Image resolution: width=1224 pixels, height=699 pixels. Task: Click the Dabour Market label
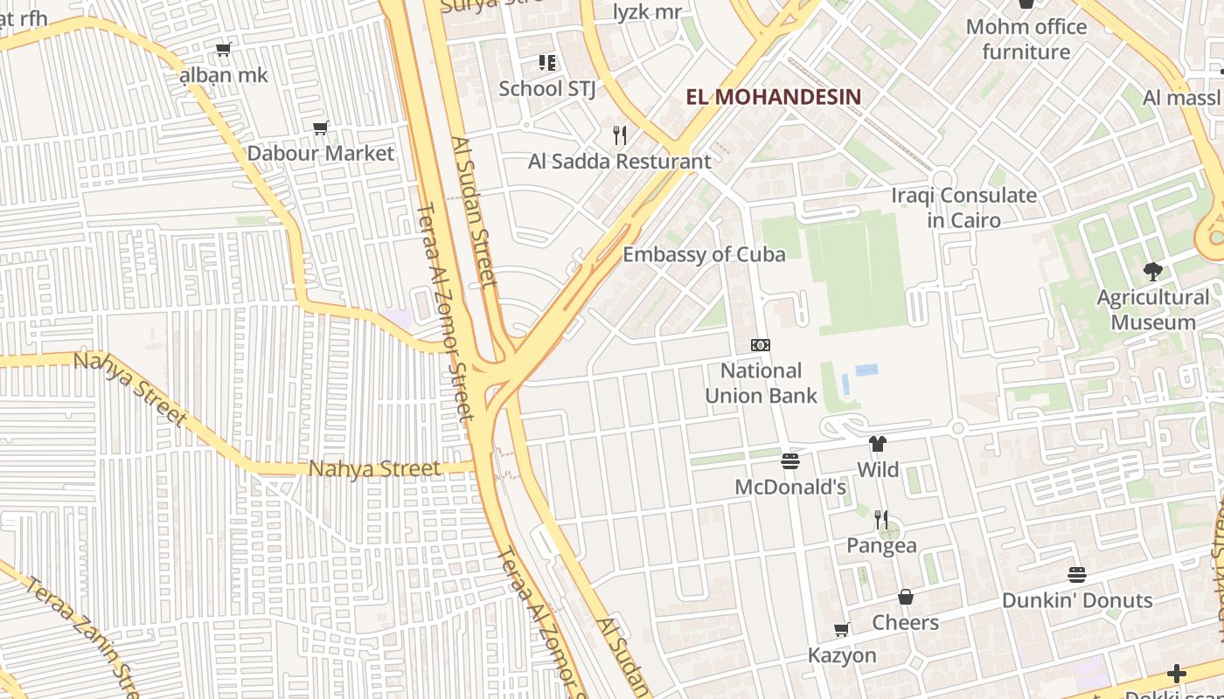click(321, 154)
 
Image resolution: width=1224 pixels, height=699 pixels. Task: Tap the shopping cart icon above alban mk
click(224, 50)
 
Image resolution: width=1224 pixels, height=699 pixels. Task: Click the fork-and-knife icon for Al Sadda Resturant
click(620, 135)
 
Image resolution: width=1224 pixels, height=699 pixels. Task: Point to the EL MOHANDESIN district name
click(773, 97)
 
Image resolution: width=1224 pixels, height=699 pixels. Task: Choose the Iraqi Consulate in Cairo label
click(963, 207)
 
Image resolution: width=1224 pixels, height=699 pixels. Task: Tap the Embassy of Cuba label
click(704, 254)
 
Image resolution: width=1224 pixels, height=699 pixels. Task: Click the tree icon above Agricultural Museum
click(1152, 272)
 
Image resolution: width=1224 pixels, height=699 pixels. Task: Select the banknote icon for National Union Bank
click(761, 345)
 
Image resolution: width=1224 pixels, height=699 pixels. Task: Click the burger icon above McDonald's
click(790, 461)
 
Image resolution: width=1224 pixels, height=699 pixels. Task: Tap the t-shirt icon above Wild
click(878, 444)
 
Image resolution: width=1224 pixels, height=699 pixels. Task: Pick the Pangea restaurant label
click(881, 546)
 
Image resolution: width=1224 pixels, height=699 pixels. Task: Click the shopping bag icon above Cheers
click(906, 597)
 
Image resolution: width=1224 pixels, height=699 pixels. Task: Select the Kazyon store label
click(841, 655)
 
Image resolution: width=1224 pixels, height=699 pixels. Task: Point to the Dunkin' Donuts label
click(1077, 601)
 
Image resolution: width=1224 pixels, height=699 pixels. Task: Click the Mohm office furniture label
click(1026, 39)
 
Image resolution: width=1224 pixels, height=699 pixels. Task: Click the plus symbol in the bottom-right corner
click(1177, 674)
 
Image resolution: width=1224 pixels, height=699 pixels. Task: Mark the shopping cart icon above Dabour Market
click(321, 128)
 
